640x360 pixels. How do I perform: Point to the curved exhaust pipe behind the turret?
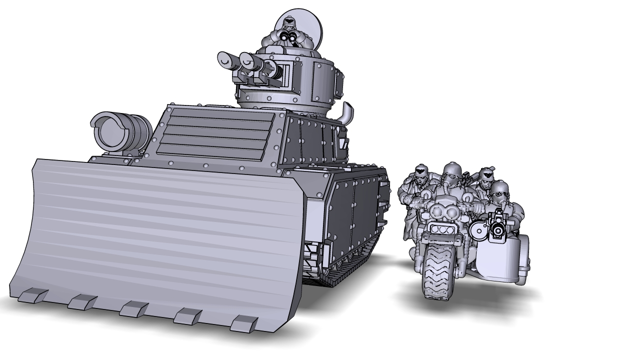pyautogui.click(x=346, y=112)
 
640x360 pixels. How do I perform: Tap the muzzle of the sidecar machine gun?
pyautogui.click(x=498, y=229)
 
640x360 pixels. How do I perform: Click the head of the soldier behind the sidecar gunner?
pyautogui.click(x=483, y=176)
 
